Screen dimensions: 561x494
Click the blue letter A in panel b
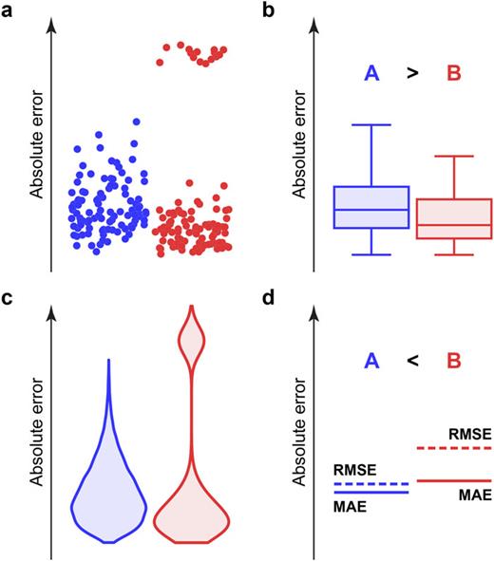(x=371, y=73)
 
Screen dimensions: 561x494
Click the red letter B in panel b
(x=454, y=73)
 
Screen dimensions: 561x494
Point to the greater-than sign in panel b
(x=412, y=73)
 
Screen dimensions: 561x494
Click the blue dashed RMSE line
(x=370, y=484)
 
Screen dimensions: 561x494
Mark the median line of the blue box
(x=370, y=209)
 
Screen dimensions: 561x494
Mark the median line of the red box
(x=454, y=225)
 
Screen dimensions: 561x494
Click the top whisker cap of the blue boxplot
(x=370, y=124)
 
